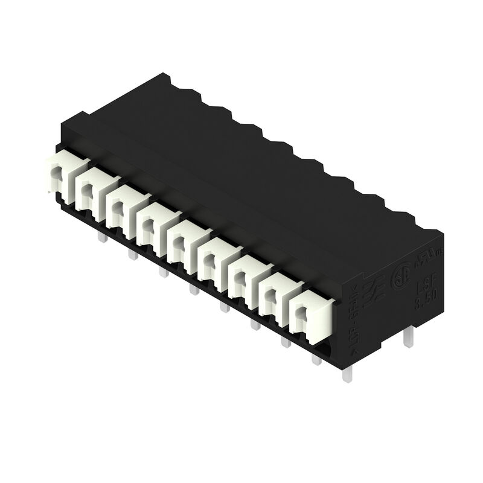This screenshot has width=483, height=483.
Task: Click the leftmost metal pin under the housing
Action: (102, 238)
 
